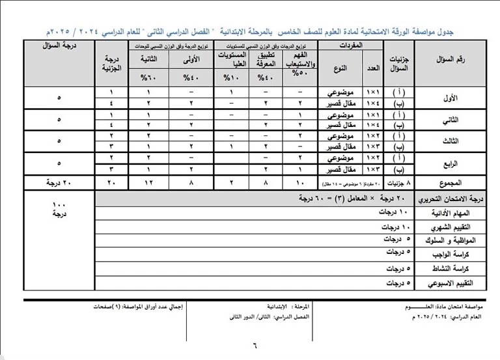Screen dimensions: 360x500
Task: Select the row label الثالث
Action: click(449, 141)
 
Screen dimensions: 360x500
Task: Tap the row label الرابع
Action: click(449, 163)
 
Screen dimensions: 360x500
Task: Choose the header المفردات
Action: click(352, 47)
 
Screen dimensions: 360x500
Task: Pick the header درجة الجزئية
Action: click(111, 63)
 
